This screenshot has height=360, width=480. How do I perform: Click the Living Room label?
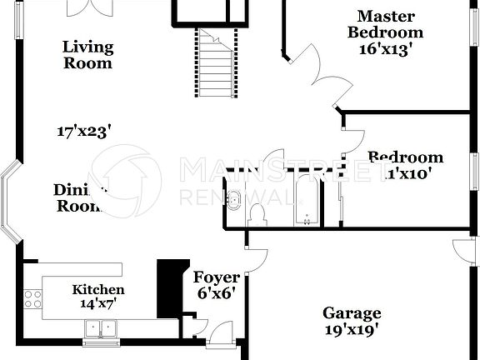(x=87, y=54)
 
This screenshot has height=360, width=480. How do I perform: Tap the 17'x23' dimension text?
(x=84, y=131)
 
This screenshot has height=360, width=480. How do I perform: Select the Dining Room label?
(x=80, y=198)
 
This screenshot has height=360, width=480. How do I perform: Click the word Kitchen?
(x=98, y=290)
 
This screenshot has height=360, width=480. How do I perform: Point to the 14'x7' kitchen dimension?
(x=98, y=303)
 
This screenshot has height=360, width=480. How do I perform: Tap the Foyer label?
(x=217, y=277)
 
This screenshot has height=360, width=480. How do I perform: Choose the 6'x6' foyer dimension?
(x=217, y=292)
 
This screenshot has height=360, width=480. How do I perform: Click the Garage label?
(x=352, y=313)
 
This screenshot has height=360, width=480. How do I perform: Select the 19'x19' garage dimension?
(x=352, y=328)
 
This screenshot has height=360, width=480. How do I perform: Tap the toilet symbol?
(x=257, y=214)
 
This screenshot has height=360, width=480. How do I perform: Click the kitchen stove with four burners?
(x=33, y=298)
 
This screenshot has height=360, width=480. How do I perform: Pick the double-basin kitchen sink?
(x=102, y=331)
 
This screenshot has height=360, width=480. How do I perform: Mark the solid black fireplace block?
(x=171, y=287)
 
